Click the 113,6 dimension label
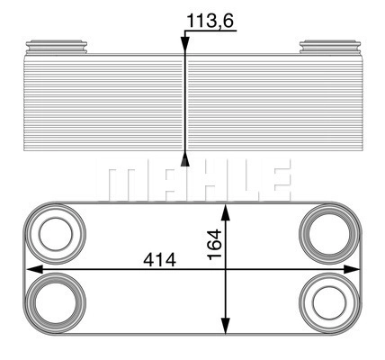click(210, 21)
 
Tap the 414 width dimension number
click(159, 260)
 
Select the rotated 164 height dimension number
click(215, 244)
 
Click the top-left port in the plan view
click(56, 234)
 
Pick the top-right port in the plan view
click(329, 234)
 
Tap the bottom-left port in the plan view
click(56, 303)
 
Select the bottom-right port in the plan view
click(329, 303)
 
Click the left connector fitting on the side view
click(57, 47)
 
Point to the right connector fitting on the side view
click(330, 47)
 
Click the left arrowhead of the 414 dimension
click(34, 269)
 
